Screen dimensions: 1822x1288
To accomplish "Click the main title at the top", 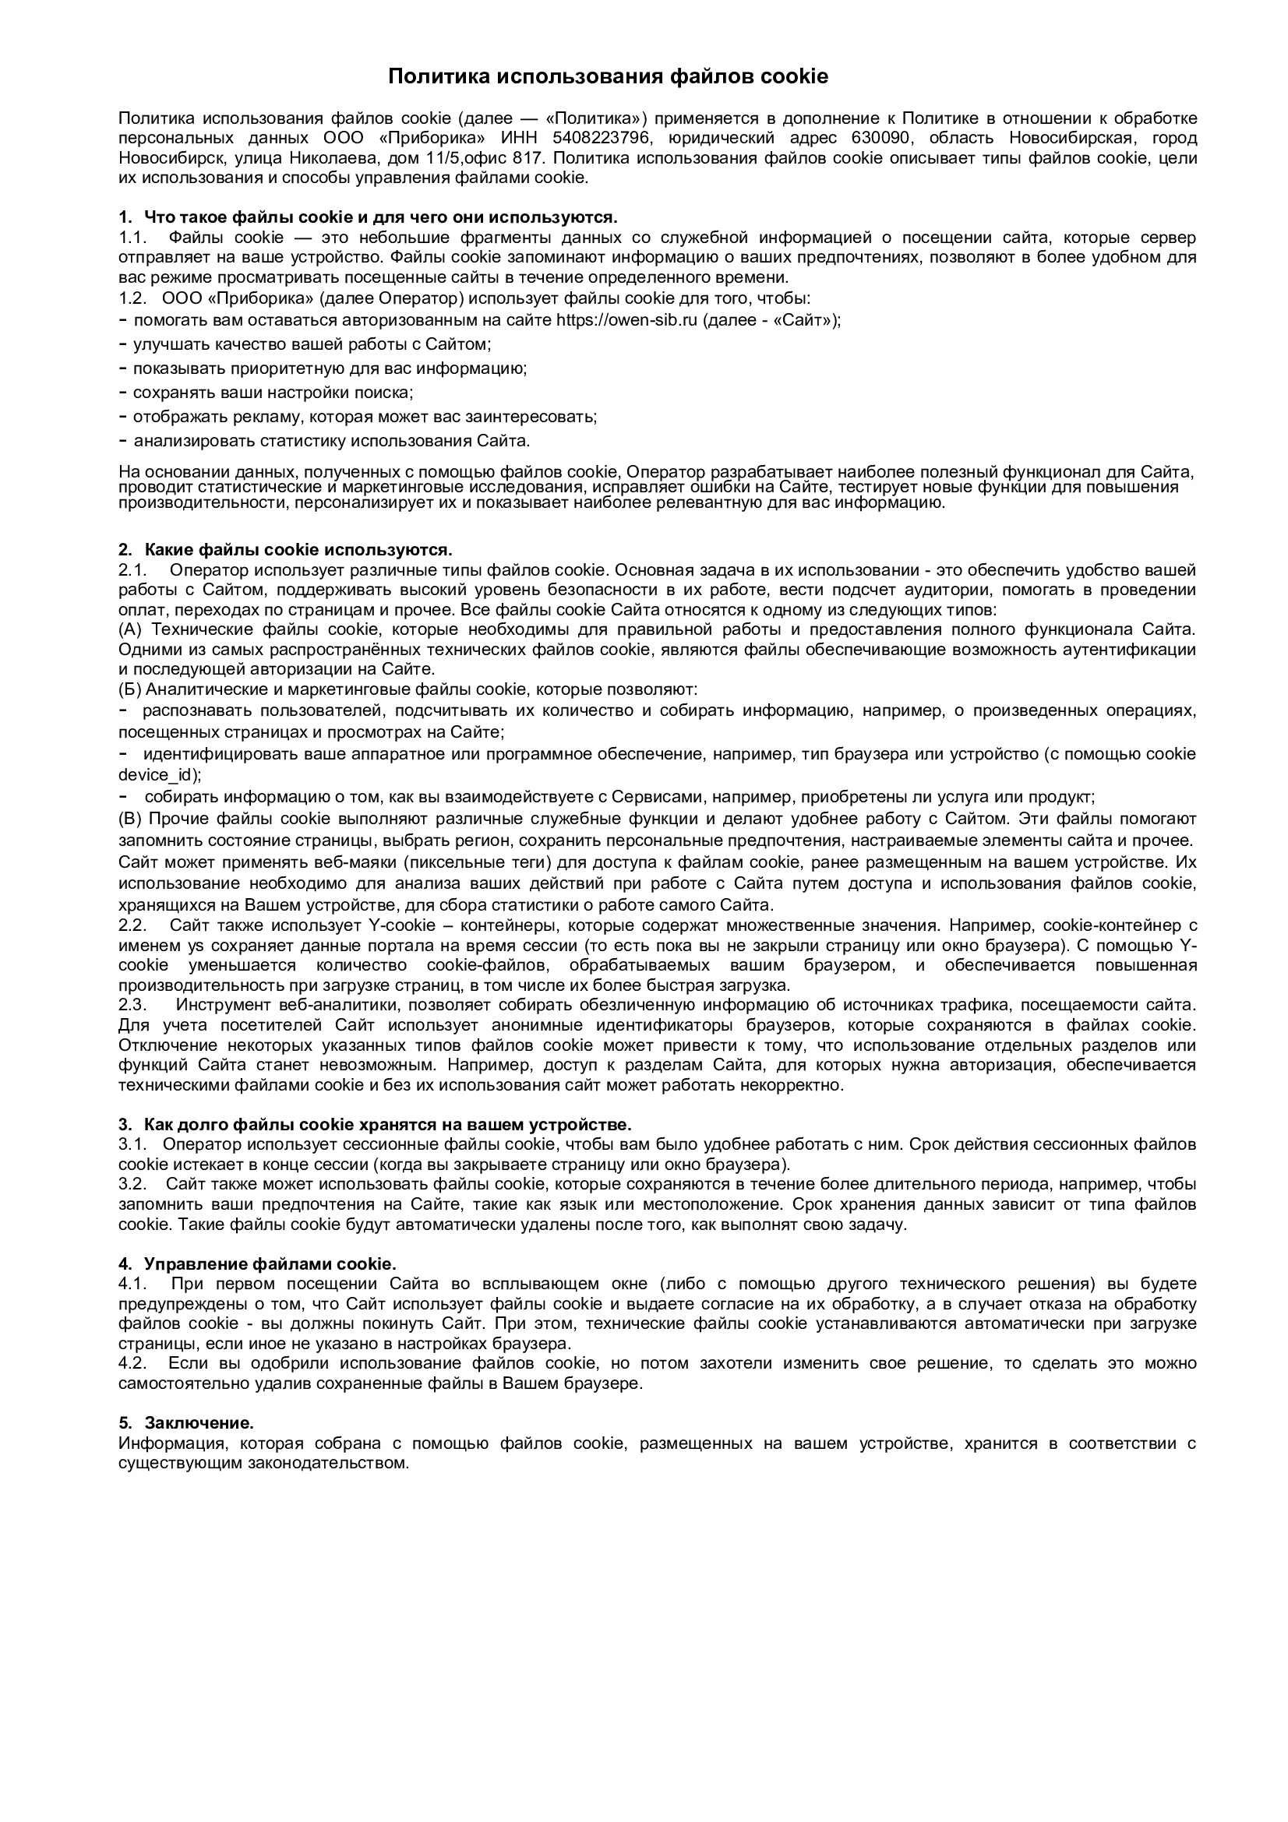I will (x=608, y=76).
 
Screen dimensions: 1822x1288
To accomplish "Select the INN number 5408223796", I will (x=601, y=138).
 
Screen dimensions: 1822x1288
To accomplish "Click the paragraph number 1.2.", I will (x=133, y=298).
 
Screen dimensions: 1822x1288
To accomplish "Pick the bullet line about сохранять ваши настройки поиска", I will (x=273, y=392).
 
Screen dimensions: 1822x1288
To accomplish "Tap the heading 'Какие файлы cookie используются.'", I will (x=298, y=550).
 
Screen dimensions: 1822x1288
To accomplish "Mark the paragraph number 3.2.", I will (x=133, y=1184).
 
